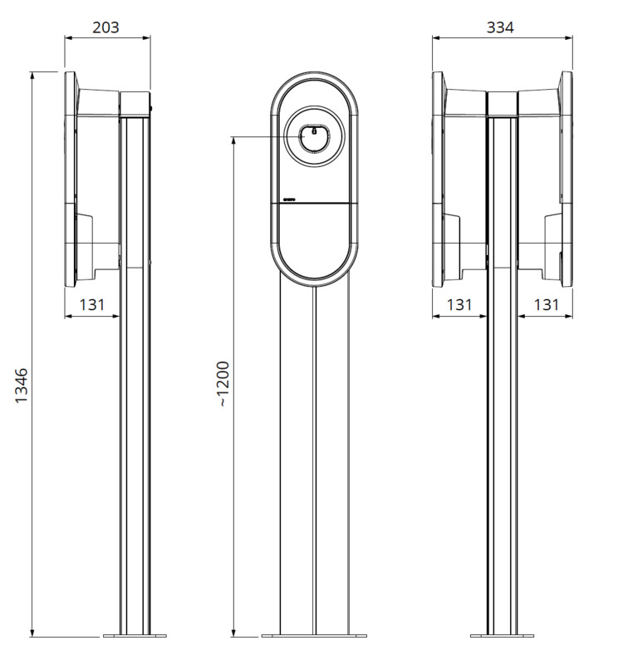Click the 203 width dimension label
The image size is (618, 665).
[x=105, y=27]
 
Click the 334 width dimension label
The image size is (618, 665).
[x=500, y=27]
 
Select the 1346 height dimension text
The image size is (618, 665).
[x=22, y=386]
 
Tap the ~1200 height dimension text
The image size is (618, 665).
[x=223, y=384]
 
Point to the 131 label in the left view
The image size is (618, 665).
[x=92, y=304]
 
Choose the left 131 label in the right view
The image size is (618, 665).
[x=459, y=304]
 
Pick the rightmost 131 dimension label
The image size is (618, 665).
[x=547, y=304]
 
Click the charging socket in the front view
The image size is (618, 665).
[x=314, y=137]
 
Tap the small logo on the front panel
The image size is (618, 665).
[x=291, y=199]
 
